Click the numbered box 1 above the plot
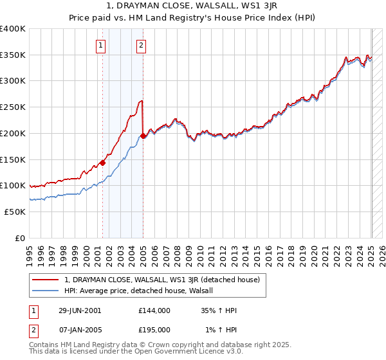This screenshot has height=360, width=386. pos(102,45)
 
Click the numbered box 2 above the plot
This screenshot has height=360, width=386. pos(141,45)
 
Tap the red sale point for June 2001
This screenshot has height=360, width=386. pos(102,163)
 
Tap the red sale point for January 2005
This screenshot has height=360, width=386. pos(143,136)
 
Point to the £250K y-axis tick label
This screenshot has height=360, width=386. pos(13,107)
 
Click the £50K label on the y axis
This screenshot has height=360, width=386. pos(15,212)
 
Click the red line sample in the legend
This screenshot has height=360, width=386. pos(46,280)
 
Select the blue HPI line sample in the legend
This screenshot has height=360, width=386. pos(46,291)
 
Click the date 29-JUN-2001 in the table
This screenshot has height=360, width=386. pos(79,310)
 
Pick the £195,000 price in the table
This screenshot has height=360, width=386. pos(154,329)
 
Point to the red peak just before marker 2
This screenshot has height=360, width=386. pos(142,101)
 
